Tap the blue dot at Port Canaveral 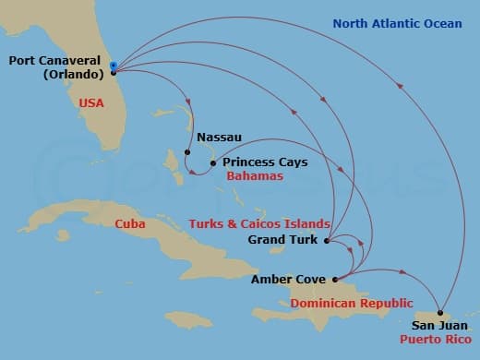coord(113,66)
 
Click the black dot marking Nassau coord(187,152)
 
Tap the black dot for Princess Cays coord(213,163)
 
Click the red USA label coord(91,103)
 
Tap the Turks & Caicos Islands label coord(258,224)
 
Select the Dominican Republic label coord(347,303)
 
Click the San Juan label coord(436,325)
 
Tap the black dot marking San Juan coord(440,311)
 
